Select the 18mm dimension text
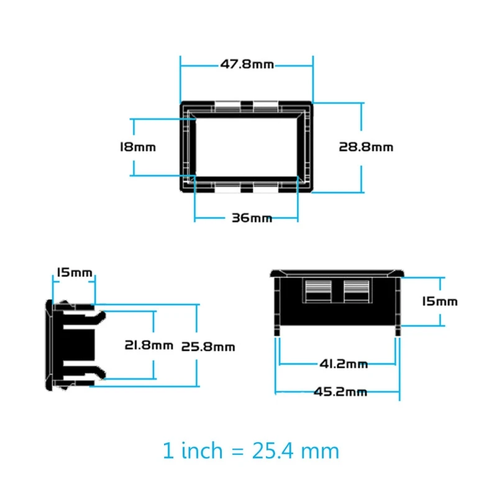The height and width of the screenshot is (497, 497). point(137,147)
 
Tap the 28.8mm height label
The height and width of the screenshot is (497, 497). point(366,147)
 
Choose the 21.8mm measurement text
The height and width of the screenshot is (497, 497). point(148,345)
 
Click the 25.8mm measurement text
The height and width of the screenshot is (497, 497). point(207,347)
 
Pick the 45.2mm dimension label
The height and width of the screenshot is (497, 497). point(340,391)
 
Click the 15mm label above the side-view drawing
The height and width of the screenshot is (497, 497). point(74,272)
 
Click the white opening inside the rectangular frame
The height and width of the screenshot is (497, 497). point(247,147)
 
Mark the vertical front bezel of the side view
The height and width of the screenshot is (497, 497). point(49,345)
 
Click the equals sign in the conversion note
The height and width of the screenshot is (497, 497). point(234,451)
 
